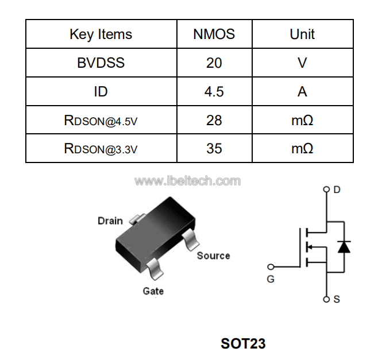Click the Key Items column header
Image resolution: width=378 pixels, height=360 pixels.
(101, 34)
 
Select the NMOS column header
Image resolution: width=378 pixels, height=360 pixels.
(214, 34)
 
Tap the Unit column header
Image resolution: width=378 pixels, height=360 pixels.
(302, 34)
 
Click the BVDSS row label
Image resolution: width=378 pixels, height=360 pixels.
(101, 63)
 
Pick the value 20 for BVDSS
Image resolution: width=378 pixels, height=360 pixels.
(214, 63)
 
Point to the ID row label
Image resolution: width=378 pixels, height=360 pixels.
(101, 92)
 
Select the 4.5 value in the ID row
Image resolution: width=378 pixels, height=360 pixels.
(214, 92)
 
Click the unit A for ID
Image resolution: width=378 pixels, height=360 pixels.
(302, 92)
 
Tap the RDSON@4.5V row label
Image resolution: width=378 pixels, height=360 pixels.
(101, 121)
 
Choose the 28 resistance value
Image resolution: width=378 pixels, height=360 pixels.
(214, 121)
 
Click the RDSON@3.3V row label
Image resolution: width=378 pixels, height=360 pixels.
(101, 149)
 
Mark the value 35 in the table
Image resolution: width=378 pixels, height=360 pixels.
(214, 149)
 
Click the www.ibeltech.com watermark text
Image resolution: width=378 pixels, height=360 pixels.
(187, 181)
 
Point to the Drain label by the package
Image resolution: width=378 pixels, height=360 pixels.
(110, 221)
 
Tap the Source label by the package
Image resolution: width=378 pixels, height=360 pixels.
(213, 256)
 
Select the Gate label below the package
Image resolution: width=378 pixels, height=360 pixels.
(153, 291)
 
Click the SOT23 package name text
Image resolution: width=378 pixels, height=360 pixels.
(243, 344)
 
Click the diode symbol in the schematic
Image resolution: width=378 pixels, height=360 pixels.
(344, 246)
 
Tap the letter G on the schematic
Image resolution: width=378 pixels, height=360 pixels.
(271, 280)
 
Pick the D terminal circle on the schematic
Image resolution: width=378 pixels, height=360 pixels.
(326, 189)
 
